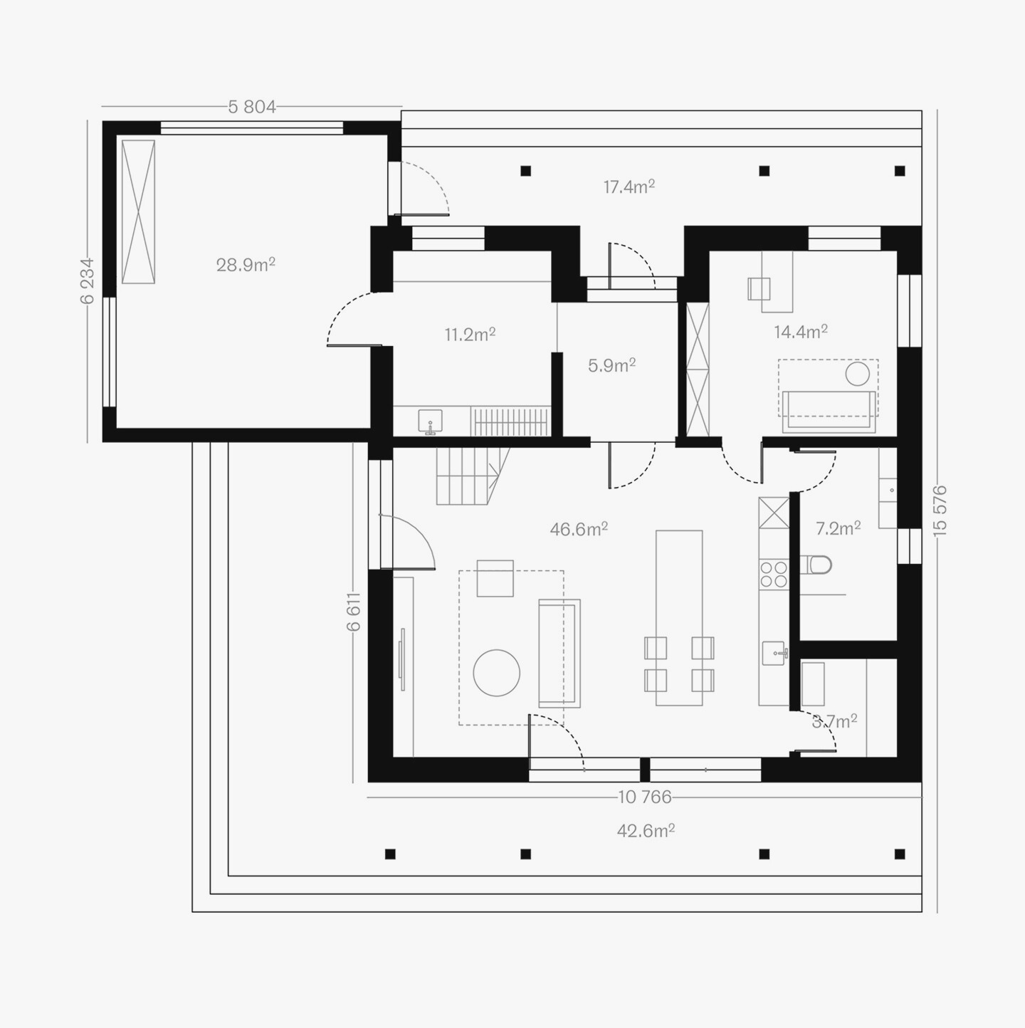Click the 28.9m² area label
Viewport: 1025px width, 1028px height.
tap(246, 264)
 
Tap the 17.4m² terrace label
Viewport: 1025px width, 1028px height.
tap(629, 187)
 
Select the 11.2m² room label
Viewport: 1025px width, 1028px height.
tap(470, 335)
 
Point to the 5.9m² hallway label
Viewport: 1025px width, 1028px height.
tap(611, 365)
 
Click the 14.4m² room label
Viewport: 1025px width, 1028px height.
tap(801, 331)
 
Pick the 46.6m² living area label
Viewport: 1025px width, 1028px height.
tap(579, 529)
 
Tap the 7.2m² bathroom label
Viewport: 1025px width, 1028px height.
tap(839, 528)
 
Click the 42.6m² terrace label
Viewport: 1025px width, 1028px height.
tap(646, 831)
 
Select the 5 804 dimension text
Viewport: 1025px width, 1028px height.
tap(252, 107)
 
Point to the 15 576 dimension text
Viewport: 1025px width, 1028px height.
tap(940, 510)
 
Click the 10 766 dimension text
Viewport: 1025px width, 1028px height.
tap(645, 797)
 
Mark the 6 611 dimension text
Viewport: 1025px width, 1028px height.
tap(354, 612)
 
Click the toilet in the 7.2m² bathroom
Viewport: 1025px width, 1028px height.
tap(816, 565)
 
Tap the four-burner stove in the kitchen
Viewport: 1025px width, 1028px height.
tap(774, 574)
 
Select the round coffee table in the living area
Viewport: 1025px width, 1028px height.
tap(496, 673)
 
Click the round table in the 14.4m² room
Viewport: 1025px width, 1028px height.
tap(858, 374)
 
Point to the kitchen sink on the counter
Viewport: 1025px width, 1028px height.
tap(774, 653)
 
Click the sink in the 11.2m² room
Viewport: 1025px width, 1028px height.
tap(430, 421)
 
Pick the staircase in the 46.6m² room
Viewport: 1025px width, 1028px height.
tap(473, 476)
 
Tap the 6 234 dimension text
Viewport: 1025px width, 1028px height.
tap(87, 281)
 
